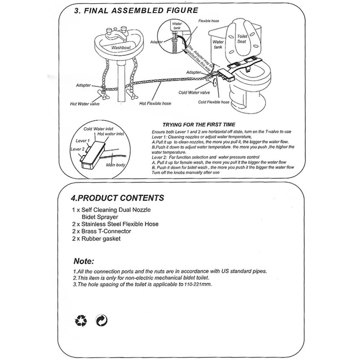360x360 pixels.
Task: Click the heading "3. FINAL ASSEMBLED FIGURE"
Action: point(136,10)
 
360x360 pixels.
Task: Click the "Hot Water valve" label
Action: point(85,104)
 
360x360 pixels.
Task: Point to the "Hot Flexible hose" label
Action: point(155,104)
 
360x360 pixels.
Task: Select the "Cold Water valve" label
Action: point(194,93)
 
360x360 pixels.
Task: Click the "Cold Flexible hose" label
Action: point(213,102)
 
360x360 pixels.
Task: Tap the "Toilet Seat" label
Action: point(242,39)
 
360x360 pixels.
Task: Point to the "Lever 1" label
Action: point(83,141)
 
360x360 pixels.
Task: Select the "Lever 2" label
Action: point(78,149)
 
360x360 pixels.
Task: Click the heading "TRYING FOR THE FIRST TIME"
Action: point(199,125)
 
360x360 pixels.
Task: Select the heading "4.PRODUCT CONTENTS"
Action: point(117,198)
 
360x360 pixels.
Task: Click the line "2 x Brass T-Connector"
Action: point(102,231)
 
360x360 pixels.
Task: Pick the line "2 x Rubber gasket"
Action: point(96,238)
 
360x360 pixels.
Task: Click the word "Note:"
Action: point(84,261)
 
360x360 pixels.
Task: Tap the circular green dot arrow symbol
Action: point(102,319)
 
